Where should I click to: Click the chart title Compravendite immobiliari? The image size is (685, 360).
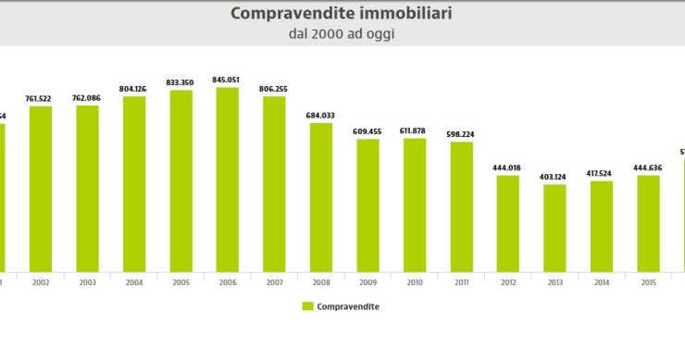coord(342,13)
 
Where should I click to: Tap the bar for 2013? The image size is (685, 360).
coord(554,228)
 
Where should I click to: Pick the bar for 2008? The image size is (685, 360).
coord(321,196)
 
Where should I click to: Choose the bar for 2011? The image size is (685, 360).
coord(461,206)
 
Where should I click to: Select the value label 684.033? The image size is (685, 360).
coord(321,115)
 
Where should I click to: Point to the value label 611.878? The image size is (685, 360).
coord(415,131)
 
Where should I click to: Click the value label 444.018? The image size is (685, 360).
coord(507,168)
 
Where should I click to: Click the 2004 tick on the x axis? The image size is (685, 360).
coord(134,282)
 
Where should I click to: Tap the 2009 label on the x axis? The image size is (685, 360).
coord(367,282)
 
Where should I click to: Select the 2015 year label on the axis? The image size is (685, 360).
coord(648,282)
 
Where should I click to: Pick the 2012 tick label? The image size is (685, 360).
coord(507,282)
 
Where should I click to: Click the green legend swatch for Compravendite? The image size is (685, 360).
coord(307,305)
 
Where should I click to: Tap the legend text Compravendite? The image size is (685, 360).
coord(348,305)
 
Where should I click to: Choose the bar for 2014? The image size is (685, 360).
coord(601,226)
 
